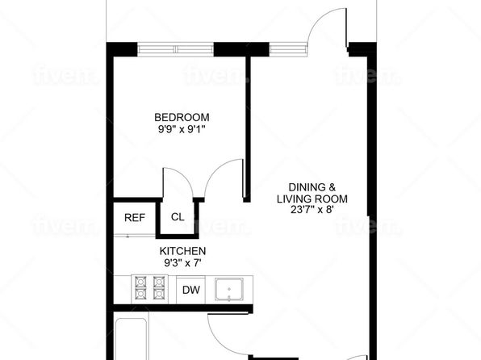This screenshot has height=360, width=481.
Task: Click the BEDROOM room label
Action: coord(182,117)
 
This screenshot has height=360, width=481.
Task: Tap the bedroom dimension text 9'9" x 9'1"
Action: coord(182,129)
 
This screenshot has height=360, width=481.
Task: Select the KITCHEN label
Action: coord(182,251)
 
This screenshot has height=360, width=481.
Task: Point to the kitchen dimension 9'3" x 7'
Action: coord(182,262)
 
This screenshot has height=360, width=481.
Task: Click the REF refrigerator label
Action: coord(135,218)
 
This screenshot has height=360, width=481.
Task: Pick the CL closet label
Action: coord(178,217)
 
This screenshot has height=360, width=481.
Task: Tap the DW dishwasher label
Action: coord(190,290)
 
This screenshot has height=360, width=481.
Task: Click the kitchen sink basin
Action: coord(229,289)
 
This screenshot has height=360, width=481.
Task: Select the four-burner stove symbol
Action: coord(149,289)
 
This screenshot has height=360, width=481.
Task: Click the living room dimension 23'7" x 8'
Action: coord(312,210)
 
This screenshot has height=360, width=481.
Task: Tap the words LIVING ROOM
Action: coord(312,199)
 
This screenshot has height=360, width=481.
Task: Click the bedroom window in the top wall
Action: coord(175,49)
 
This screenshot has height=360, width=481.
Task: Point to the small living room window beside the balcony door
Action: coord(288,49)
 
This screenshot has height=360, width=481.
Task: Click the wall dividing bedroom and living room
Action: coord(247,129)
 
